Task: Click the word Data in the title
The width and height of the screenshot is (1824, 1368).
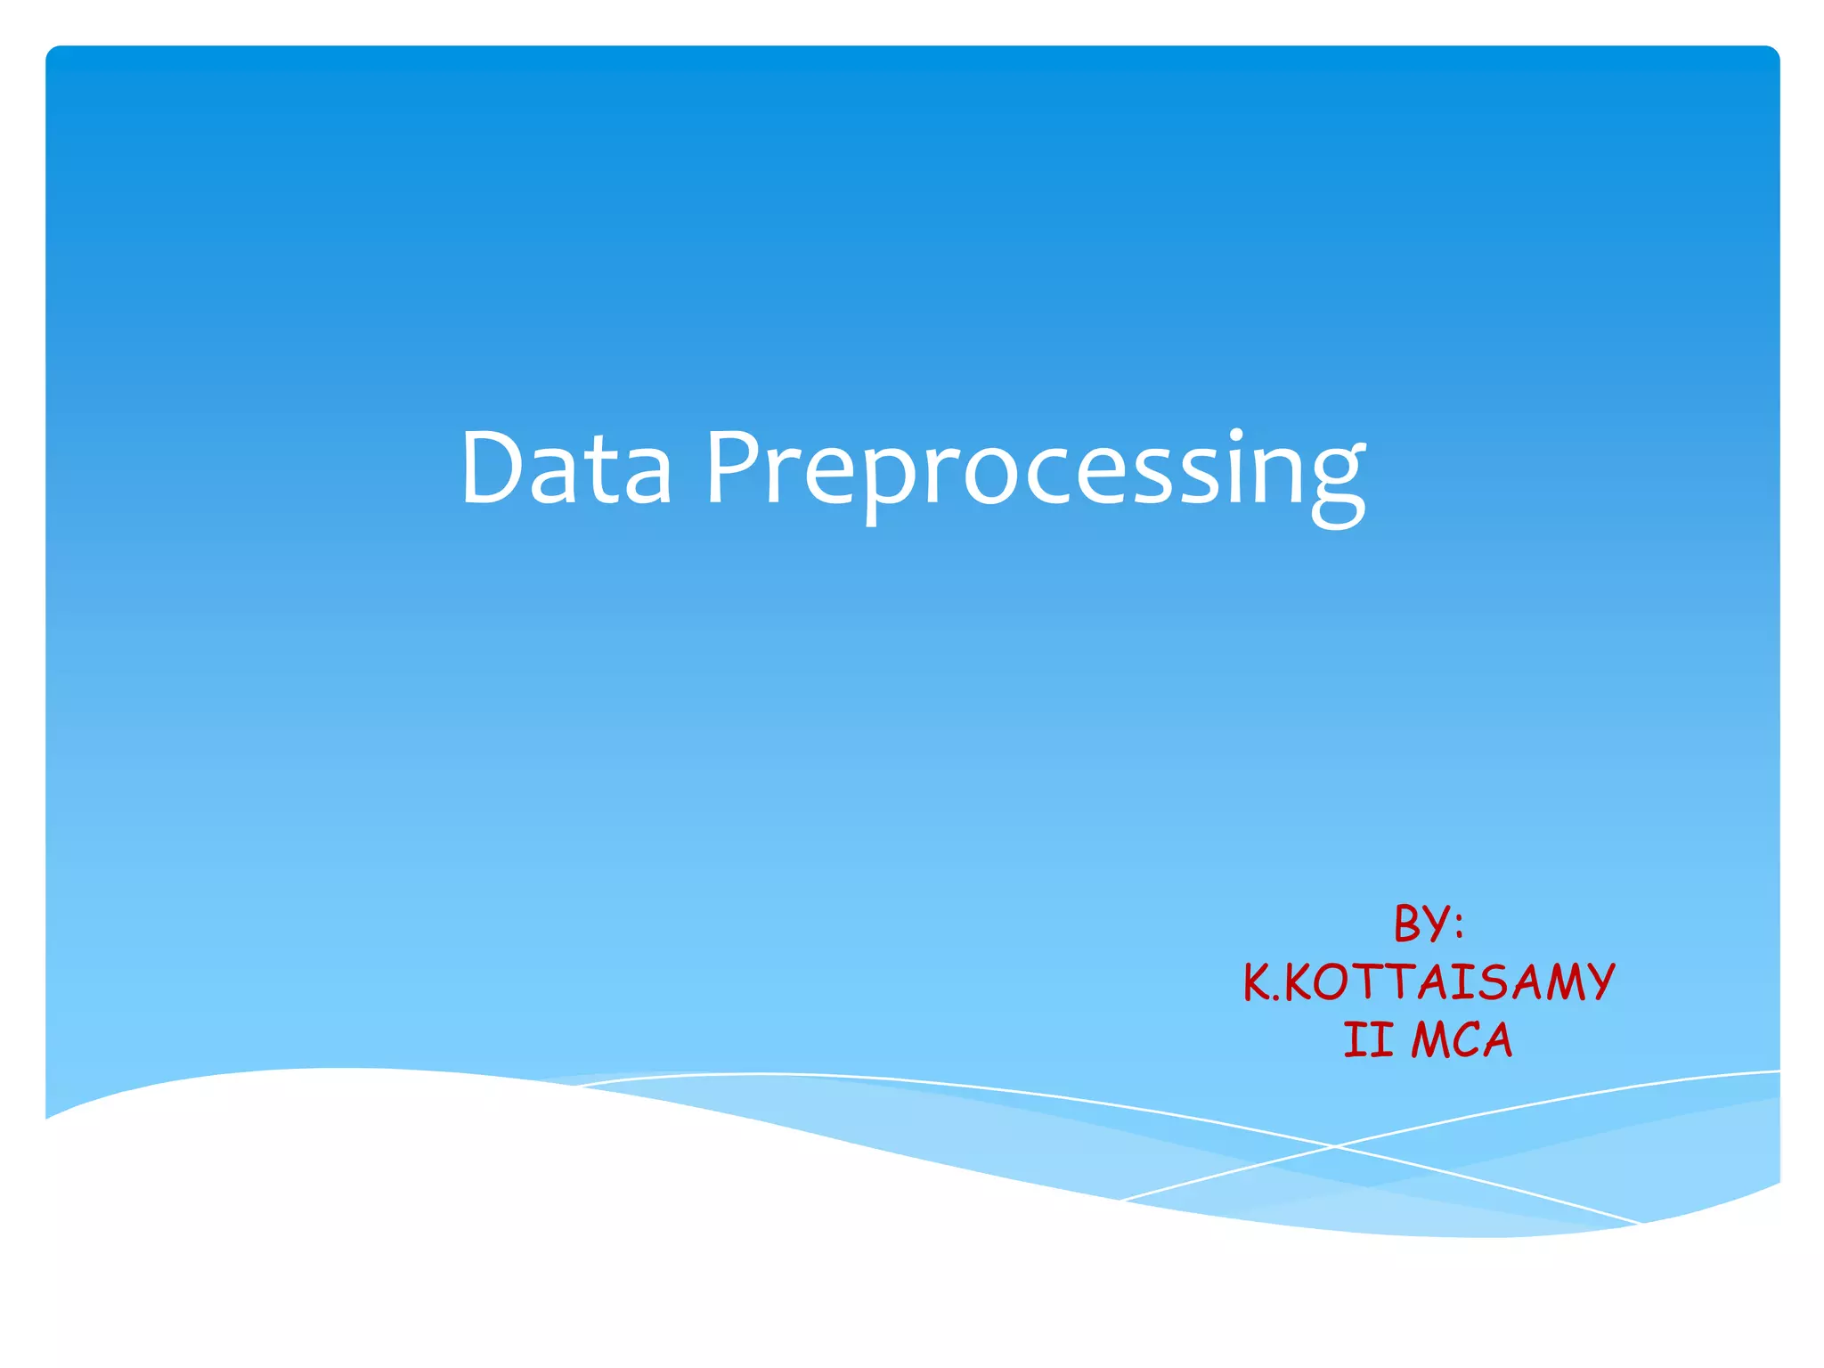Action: click(x=566, y=468)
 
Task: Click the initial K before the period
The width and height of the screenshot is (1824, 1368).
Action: click(x=1258, y=982)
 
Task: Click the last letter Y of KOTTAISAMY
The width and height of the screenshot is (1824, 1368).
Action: click(x=1597, y=982)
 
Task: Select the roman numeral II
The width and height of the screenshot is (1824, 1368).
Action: click(x=1368, y=1040)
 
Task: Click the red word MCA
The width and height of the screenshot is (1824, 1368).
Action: click(x=1462, y=1040)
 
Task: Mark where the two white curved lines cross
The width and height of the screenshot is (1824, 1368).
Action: click(x=1335, y=1146)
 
